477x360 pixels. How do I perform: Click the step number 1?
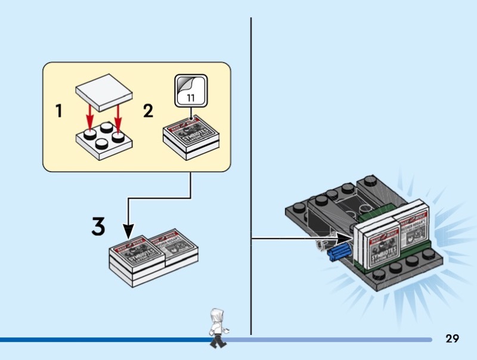tap(58, 111)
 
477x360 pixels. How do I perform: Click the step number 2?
tap(148, 111)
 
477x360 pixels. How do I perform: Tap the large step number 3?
tap(98, 226)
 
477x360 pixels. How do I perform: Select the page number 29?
tap(452, 339)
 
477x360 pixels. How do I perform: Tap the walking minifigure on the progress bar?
tap(217, 327)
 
